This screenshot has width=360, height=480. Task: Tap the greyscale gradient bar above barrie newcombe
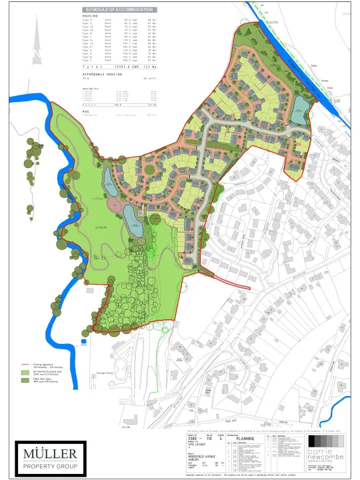323,442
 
